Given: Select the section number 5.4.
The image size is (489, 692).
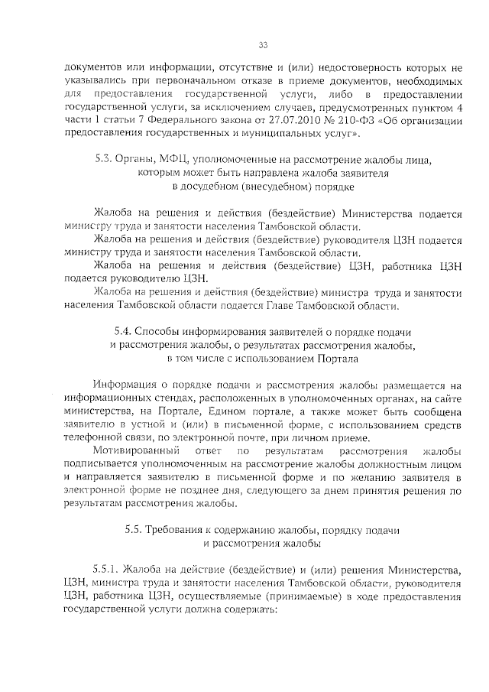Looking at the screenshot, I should [x=123, y=333].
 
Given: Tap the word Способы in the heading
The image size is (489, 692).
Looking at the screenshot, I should [x=162, y=333].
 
